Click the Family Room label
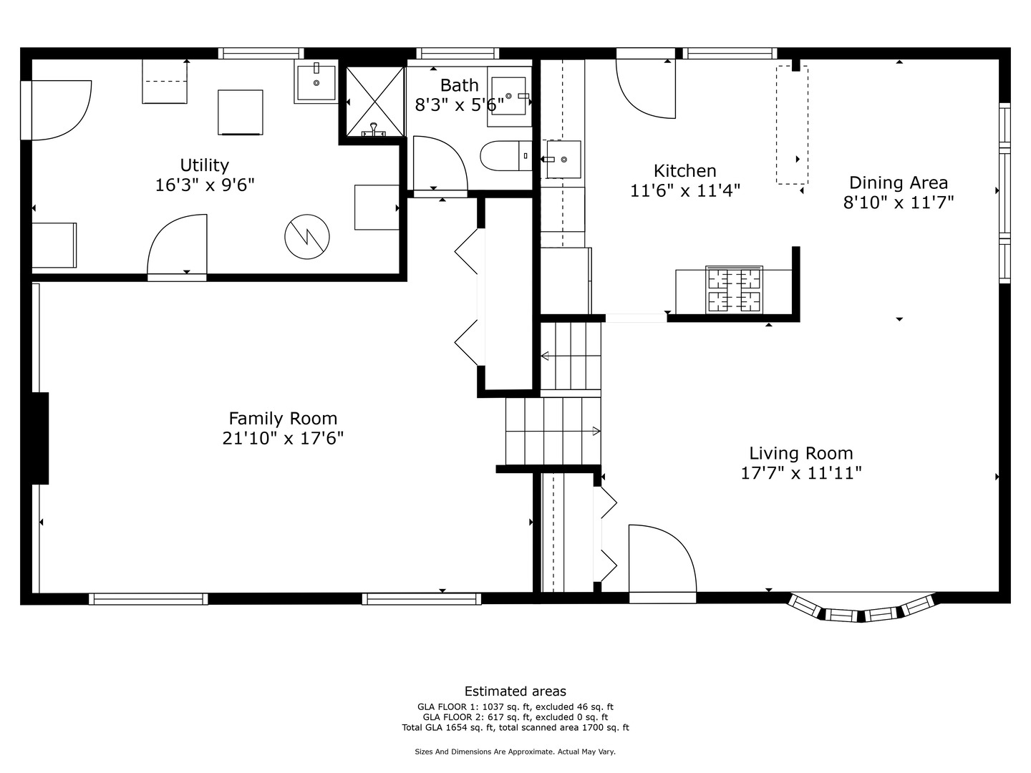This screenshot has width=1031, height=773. click(283, 418)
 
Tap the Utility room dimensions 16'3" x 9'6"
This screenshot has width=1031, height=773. click(205, 185)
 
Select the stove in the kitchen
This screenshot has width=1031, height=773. click(734, 289)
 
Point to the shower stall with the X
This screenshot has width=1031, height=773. click(375, 101)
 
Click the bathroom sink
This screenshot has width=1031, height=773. click(509, 96)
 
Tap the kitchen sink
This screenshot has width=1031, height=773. click(563, 160)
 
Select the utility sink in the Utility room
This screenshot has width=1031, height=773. click(316, 82)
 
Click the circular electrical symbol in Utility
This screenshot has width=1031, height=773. click(307, 236)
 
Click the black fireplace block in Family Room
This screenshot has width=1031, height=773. click(40, 438)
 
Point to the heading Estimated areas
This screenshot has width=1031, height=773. click(515, 691)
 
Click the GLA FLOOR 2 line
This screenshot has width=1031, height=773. click(515, 717)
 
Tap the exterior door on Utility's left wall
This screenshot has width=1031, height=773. click(57, 110)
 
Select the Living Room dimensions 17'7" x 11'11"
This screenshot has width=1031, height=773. click(801, 472)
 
